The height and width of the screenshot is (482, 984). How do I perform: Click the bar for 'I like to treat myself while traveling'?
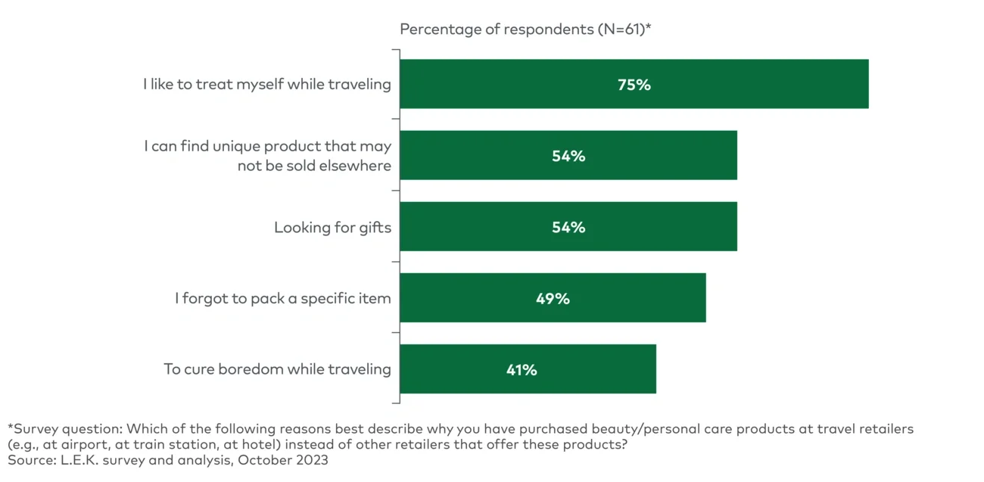[x=634, y=84]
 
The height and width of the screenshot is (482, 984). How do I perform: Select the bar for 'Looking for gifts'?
[x=568, y=227]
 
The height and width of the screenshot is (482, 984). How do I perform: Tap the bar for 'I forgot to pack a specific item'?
[x=553, y=298]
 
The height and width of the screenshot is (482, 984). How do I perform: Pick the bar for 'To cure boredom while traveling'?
[x=528, y=369]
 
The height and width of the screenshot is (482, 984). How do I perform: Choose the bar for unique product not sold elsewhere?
[x=568, y=156]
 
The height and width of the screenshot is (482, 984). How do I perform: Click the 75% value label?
[x=634, y=85]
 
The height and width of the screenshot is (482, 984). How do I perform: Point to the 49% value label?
[x=553, y=299]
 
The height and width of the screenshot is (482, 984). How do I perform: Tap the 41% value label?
[x=522, y=370]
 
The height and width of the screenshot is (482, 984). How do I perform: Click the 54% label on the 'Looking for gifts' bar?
[x=568, y=228]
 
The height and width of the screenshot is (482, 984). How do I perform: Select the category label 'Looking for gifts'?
[x=332, y=228]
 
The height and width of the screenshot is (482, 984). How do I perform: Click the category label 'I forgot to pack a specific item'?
[x=282, y=299]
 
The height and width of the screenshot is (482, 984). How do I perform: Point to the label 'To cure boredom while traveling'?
[x=277, y=370]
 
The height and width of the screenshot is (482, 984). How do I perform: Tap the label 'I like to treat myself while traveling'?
[x=266, y=85]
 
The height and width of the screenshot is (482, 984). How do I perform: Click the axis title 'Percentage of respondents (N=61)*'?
[x=525, y=30]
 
